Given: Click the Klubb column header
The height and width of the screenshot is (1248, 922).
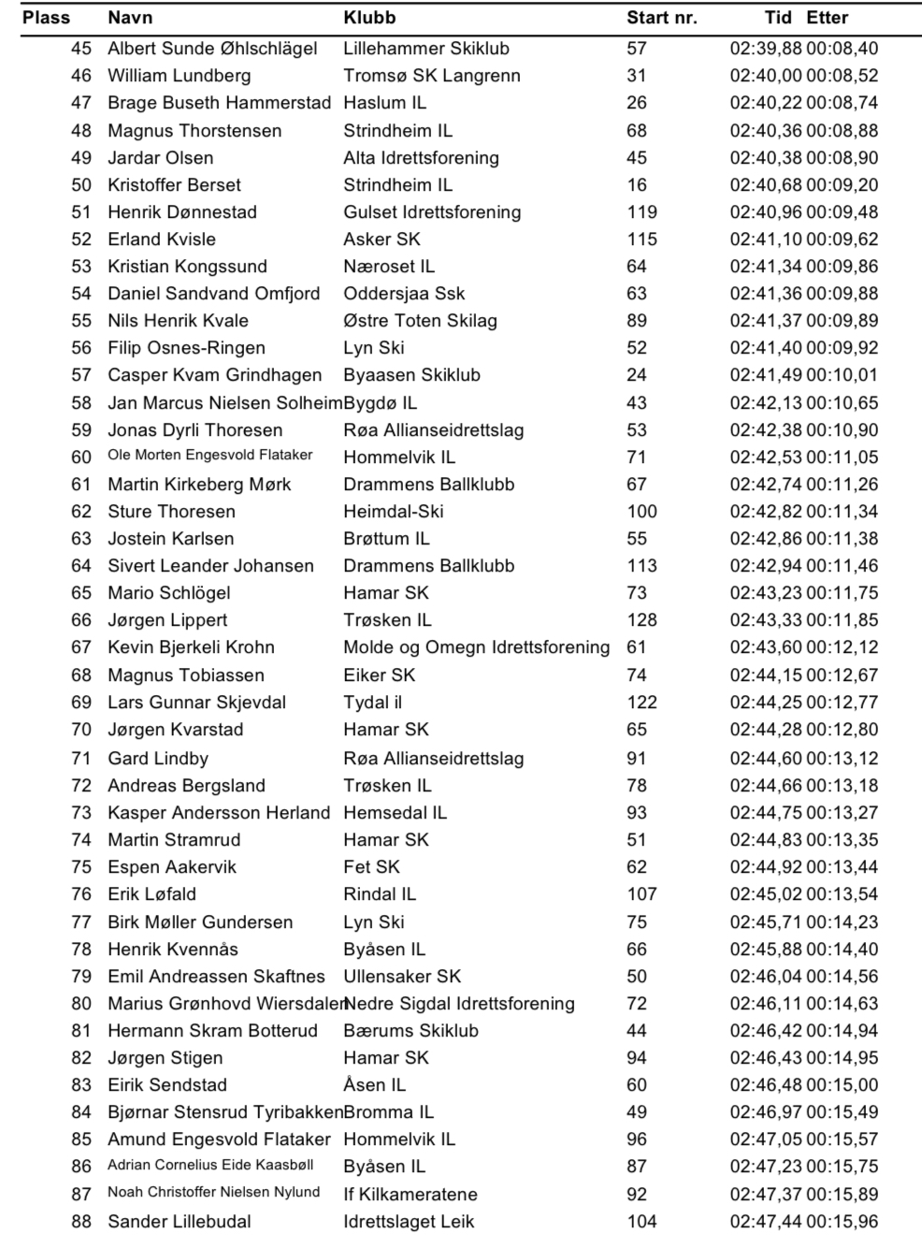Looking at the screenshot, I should (x=369, y=18).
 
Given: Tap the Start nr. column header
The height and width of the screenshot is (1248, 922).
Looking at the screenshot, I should (x=661, y=18).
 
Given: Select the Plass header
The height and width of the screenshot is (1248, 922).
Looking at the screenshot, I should (x=46, y=18).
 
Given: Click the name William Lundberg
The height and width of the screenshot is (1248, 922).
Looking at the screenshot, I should (x=179, y=76).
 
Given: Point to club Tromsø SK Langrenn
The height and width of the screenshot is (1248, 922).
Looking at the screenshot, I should (x=431, y=76).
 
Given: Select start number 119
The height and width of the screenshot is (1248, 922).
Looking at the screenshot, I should (x=641, y=212).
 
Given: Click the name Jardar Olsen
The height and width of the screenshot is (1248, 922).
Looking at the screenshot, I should (x=160, y=158).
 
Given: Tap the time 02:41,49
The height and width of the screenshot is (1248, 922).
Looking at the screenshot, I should (x=766, y=375).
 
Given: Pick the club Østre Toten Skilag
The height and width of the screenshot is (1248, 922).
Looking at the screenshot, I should (x=420, y=321).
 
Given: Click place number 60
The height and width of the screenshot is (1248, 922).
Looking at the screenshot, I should (x=81, y=457).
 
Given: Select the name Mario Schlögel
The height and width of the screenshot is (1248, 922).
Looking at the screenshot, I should (x=168, y=593).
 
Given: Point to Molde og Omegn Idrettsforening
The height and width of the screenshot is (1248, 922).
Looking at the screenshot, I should (x=476, y=647).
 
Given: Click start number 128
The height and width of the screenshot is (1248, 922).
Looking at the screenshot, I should (x=641, y=620).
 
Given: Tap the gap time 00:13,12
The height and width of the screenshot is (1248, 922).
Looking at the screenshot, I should (x=843, y=759).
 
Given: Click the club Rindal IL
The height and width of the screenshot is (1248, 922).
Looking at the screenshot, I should (x=380, y=894).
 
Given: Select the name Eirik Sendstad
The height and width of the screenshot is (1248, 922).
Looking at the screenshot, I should (x=166, y=1085).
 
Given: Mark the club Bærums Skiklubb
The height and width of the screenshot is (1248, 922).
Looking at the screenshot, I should (x=411, y=1031).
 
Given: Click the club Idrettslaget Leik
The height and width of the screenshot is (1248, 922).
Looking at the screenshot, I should (x=409, y=1222).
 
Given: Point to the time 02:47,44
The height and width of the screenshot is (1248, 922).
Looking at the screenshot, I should (x=766, y=1222).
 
